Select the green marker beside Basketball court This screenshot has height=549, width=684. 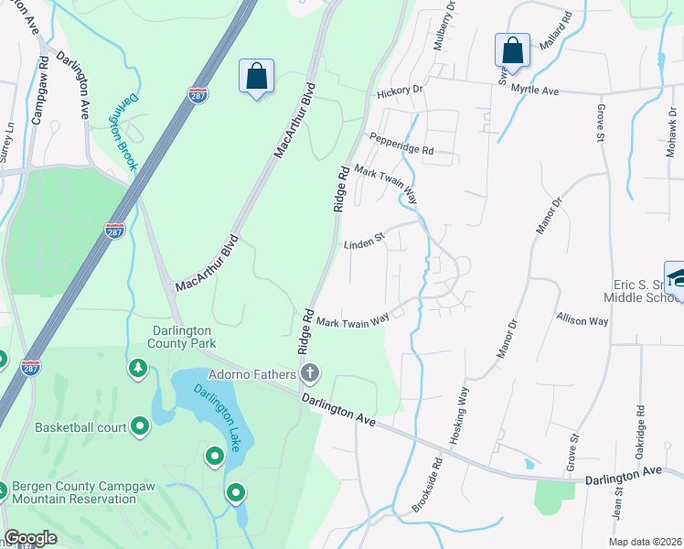140,425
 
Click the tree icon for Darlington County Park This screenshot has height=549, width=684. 137,368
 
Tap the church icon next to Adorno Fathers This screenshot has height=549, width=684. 310,373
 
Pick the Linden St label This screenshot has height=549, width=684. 365,244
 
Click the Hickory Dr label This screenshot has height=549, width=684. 400,91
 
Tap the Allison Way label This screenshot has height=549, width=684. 582,319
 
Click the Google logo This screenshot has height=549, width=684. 30,539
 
